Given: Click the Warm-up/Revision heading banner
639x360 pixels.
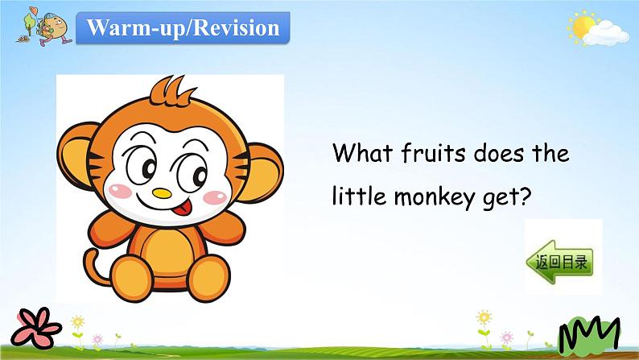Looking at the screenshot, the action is [183, 27].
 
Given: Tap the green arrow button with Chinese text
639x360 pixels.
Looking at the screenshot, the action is [559, 262].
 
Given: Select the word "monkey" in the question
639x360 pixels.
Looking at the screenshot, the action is [435, 198].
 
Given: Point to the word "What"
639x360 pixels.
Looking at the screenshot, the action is [363, 153].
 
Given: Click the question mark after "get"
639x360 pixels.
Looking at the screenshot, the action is [526, 196].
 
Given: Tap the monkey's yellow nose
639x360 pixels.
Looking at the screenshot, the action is [162, 192].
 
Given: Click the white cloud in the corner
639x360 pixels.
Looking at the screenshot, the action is [606, 34].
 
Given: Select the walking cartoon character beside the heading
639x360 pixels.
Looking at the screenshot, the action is [54, 28].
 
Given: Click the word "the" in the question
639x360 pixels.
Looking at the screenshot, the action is [550, 153].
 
